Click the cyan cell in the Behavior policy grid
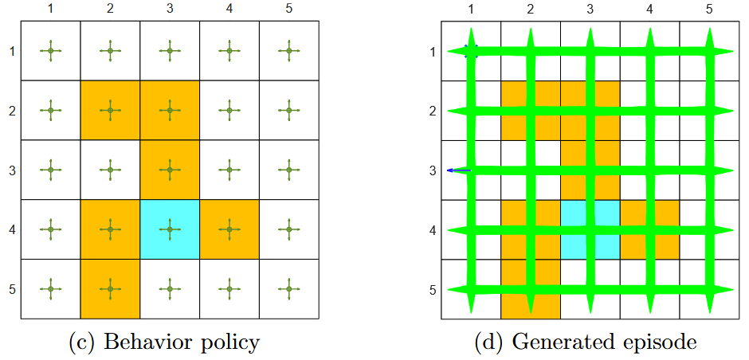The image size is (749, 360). [170, 229]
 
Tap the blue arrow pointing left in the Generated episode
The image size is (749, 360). [459, 170]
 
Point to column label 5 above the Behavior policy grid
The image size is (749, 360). [288, 9]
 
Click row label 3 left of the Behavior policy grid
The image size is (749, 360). [11, 170]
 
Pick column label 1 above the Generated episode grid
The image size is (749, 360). [471, 9]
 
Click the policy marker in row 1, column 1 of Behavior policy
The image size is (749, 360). [50, 51]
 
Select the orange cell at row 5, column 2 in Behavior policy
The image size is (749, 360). [110, 289]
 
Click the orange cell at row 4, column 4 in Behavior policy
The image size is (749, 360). [229, 229]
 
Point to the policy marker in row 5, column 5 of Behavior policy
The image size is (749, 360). [288, 289]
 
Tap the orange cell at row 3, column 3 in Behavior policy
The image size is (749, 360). [170, 170]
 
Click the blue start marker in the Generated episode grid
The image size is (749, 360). [472, 51]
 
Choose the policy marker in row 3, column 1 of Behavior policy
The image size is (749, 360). [50, 170]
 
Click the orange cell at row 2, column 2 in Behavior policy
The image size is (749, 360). [110, 110]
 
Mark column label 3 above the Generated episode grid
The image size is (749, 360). [590, 9]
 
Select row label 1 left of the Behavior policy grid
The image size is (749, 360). [11, 51]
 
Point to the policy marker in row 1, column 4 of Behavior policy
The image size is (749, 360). [229, 51]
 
